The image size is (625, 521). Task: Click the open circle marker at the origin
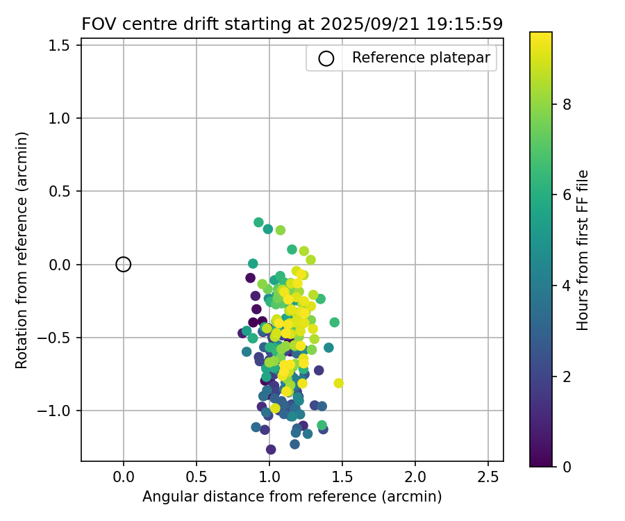coord(123,264)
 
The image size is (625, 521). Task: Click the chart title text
coord(292,24)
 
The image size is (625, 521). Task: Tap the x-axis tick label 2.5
coord(487,478)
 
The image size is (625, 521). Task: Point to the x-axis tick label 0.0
coord(123,478)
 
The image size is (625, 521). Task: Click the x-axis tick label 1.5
coord(342,478)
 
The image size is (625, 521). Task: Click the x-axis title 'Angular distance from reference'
coord(292,497)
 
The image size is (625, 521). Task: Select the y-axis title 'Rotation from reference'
coord(22,250)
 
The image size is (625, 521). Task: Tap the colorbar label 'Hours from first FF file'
coord(583,250)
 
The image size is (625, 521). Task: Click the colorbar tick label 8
coord(567,104)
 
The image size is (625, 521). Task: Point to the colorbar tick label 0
coord(567,466)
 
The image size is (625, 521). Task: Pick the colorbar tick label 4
coord(567,286)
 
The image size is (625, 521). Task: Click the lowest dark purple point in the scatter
coord(271,449)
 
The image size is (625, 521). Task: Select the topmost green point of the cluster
coord(258,222)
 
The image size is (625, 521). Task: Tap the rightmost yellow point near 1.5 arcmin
coord(338,383)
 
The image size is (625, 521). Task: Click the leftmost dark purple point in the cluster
coord(242,333)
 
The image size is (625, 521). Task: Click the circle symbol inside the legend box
coord(326,58)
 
